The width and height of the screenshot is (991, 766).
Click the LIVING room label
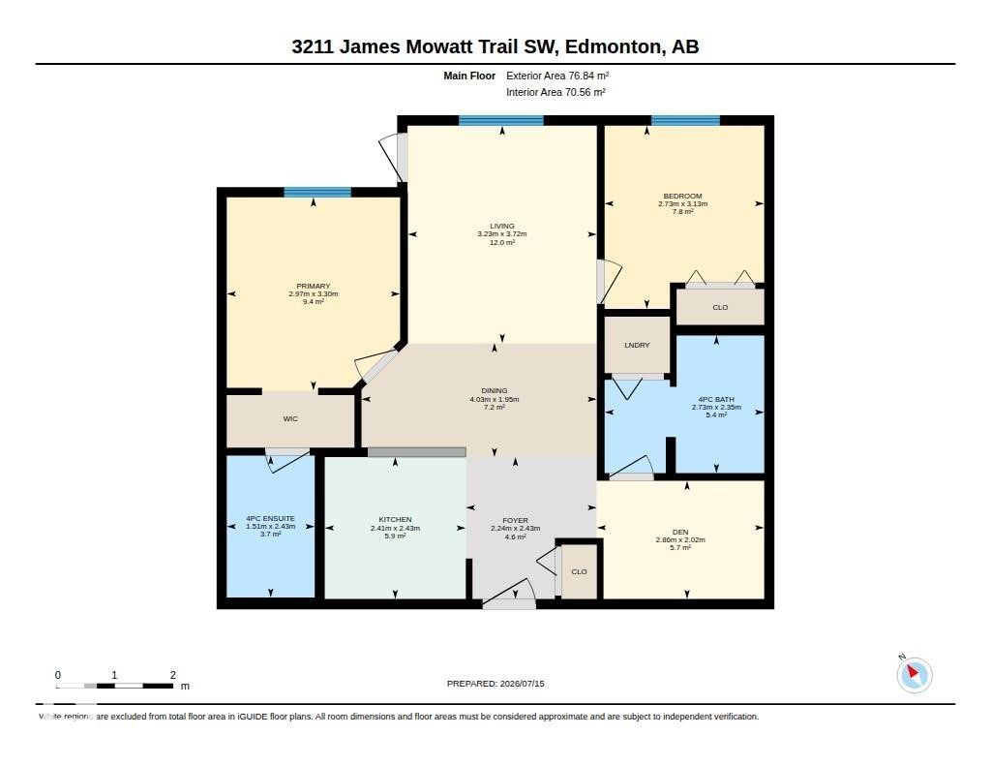click(x=502, y=226)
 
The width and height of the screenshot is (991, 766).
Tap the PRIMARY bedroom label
click(x=314, y=286)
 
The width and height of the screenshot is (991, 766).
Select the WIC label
click(x=290, y=418)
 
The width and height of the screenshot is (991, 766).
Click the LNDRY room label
click(x=637, y=346)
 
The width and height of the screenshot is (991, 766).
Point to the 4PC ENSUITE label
click(x=271, y=519)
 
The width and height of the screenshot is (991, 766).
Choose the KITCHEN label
click(x=395, y=520)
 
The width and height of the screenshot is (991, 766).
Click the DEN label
click(x=680, y=532)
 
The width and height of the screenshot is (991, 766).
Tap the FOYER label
click(x=516, y=521)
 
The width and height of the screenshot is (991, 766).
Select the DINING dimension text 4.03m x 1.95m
click(x=495, y=399)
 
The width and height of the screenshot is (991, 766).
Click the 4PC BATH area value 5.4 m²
click(x=716, y=414)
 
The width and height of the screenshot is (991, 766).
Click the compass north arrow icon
click(x=914, y=674)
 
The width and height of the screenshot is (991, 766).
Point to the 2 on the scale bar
click(x=172, y=675)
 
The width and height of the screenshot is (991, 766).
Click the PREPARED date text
click(x=495, y=684)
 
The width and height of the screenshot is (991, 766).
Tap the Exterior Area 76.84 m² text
click(x=557, y=76)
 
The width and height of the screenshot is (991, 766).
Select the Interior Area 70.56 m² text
click(x=556, y=92)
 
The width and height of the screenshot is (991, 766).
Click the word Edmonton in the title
click(x=612, y=46)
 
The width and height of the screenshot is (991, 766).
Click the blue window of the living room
click(x=501, y=120)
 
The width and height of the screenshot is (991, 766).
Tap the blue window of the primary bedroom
click(x=317, y=193)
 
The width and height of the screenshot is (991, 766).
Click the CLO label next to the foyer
click(x=579, y=571)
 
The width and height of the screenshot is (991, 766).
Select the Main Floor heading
click(x=469, y=76)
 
